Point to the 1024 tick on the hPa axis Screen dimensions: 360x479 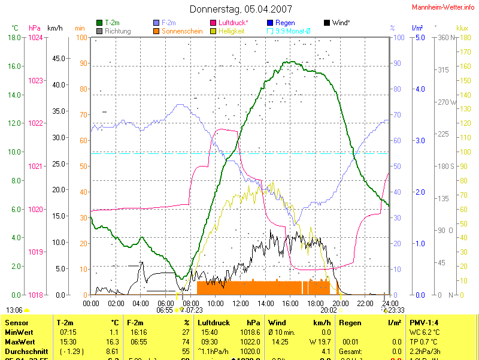tap(36, 37)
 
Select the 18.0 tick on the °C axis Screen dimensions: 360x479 tap(14, 37)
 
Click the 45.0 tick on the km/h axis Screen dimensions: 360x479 tap(59, 59)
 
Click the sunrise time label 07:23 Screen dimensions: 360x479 tap(194, 310)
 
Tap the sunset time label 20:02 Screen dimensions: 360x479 tap(329, 310)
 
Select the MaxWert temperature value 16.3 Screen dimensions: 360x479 tap(113, 341)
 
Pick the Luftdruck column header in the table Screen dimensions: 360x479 tap(214, 322)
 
